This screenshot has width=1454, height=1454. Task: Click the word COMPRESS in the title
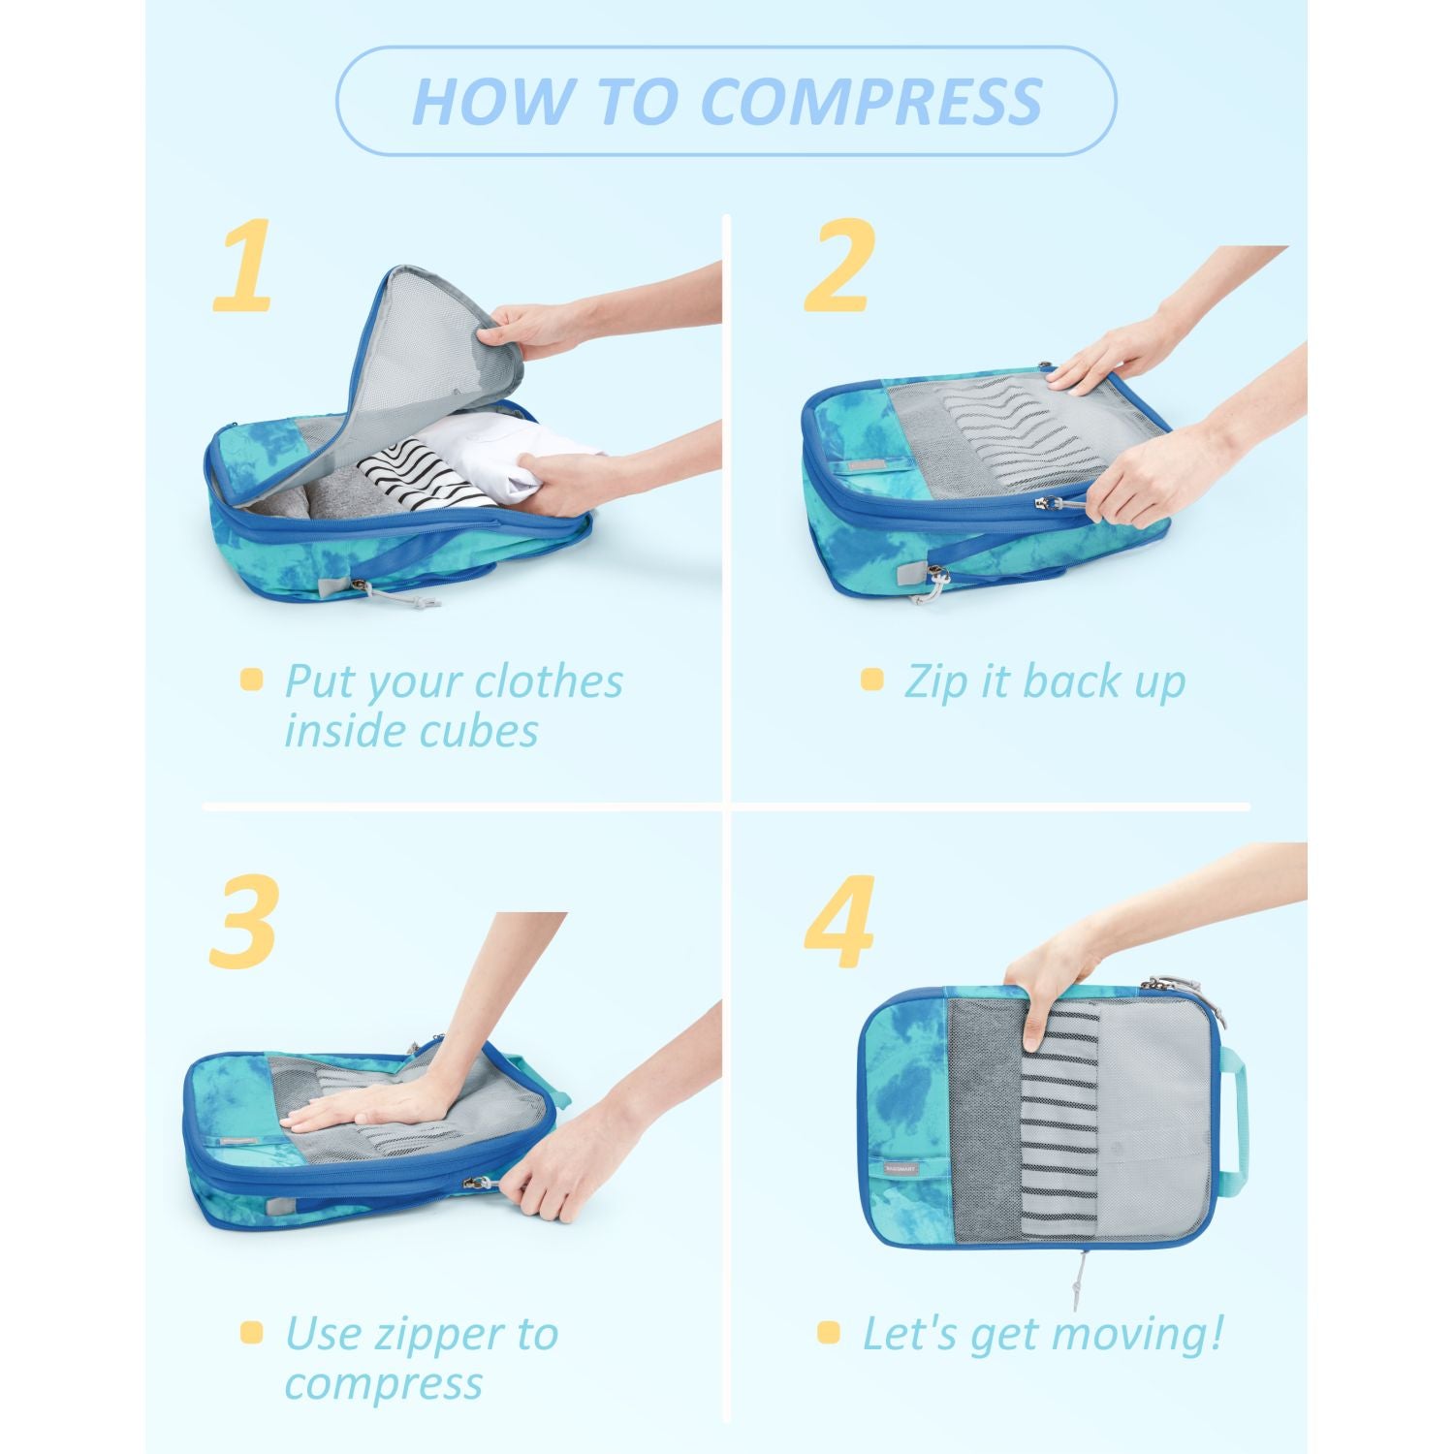tap(870, 101)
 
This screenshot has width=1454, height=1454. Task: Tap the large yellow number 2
tap(839, 267)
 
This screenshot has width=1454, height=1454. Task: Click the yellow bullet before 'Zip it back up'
tap(871, 680)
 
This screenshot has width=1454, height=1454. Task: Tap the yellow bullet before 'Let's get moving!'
tap(828, 1333)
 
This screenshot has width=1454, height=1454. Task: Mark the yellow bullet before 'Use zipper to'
tap(251, 1333)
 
